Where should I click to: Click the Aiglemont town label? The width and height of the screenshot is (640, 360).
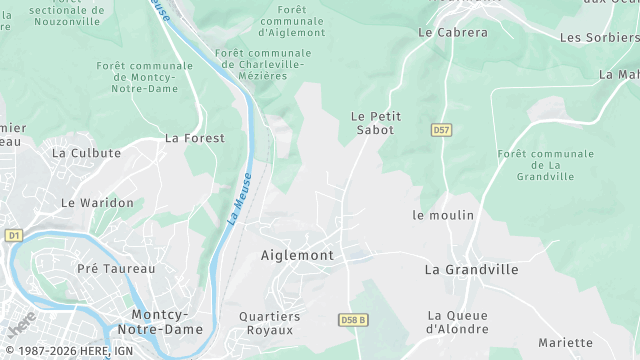coord(297,255)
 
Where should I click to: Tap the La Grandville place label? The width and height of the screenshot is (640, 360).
coord(471,269)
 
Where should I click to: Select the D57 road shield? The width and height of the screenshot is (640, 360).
coord(441,130)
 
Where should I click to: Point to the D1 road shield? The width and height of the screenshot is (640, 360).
coord(13,235)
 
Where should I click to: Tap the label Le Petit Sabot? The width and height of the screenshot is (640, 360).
coord(376,123)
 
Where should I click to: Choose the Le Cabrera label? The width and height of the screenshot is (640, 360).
coord(452,32)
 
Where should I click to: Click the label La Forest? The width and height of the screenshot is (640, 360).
coord(194,138)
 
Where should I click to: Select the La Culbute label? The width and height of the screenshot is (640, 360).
coord(86,153)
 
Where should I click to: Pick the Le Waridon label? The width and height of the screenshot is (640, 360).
coord(97,202)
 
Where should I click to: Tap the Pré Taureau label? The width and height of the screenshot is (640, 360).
coord(116,268)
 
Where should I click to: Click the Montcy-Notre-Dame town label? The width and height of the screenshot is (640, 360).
coord(160,321)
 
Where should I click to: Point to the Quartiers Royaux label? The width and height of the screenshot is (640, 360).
coord(270,322)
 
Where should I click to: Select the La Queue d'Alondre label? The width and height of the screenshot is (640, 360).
coord(458,321)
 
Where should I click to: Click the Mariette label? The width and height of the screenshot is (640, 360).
coord(565,342)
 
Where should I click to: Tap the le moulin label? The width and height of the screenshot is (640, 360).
coord(443,215)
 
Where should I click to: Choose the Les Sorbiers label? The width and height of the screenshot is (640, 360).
coord(599,37)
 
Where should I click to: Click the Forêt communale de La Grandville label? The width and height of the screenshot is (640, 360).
coord(545,165)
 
